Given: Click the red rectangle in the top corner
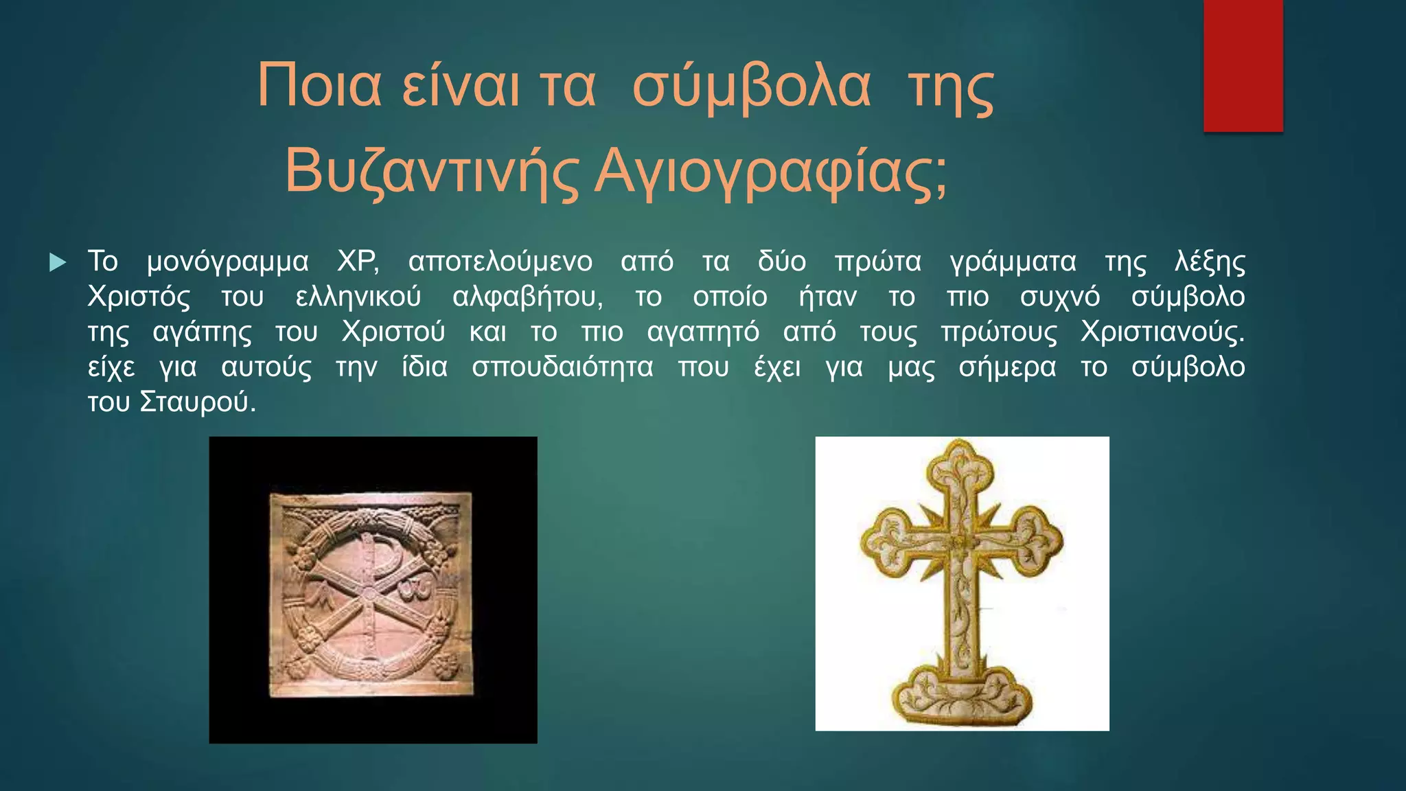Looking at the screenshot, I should point(1243,65).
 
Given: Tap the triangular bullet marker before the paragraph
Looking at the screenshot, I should point(58,262).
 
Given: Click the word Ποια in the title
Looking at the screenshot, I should point(319,87).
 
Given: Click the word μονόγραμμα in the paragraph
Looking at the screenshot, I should point(227,262).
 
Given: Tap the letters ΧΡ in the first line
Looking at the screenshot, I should point(358,262).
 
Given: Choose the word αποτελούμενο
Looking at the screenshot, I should point(500,262).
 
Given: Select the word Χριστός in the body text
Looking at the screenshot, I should point(139,297).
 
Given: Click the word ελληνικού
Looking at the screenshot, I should point(358,297).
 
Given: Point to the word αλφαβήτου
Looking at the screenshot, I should point(527,297).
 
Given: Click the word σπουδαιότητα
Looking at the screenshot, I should point(562,367).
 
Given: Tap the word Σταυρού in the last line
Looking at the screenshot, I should point(197,402).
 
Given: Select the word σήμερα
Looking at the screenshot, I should point(1007,367).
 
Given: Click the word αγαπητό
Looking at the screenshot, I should point(703,332).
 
